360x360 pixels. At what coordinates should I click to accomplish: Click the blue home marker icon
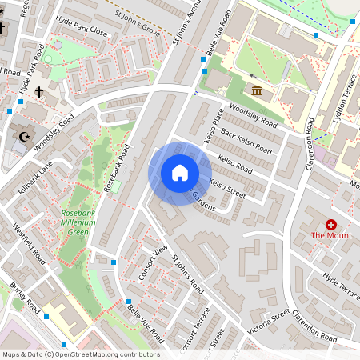(180, 173)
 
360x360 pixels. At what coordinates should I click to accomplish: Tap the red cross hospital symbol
(331, 226)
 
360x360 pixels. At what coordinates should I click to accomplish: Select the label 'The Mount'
(331, 236)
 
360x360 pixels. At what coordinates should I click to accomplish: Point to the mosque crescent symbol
(24, 137)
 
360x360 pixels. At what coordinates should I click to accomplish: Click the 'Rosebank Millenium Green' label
(76, 222)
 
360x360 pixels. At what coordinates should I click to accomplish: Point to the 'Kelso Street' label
(226, 186)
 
